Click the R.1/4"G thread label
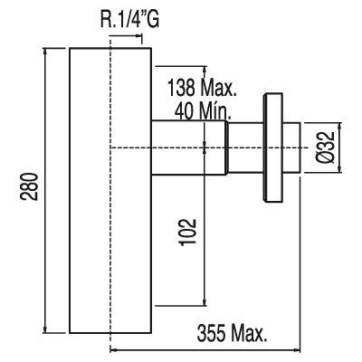129,19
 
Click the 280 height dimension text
30,186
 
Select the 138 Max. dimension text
202,88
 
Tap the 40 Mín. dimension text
203,111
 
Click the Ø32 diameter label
327,148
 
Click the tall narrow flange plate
273,148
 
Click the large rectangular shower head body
110,190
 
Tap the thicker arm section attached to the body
189,148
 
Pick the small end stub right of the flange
291,148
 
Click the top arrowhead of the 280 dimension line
45,52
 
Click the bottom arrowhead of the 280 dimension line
45,329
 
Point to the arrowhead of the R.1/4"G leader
138,36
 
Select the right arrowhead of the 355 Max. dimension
297,350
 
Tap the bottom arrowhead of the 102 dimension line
205,302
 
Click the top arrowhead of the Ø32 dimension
341,127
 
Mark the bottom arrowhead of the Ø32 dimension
341,169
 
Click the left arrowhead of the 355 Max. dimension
114,350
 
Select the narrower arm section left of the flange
245,148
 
